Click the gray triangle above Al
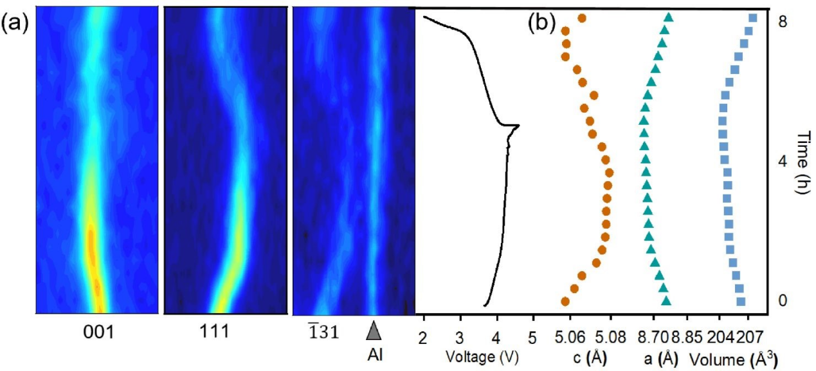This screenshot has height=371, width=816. pos(373,330)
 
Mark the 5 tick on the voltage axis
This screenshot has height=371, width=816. pos(532,337)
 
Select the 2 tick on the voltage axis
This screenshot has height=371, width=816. pos(423,337)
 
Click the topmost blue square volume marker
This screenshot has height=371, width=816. pos(753,17)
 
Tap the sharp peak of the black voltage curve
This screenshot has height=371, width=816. pos(518,126)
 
